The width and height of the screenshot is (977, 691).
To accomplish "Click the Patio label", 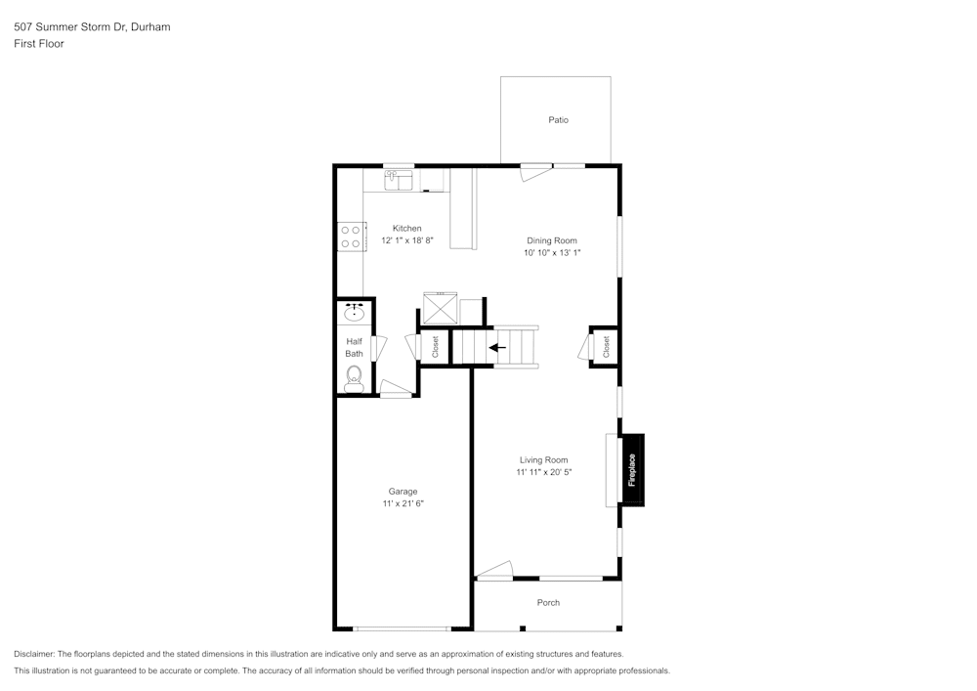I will [x=558, y=120].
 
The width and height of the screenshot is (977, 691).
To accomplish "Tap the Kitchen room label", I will [x=407, y=228].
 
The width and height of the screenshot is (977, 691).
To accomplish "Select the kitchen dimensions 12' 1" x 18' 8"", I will [x=407, y=240].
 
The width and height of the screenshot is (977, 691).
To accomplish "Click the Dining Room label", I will [x=552, y=240].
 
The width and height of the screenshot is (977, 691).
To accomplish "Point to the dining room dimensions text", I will [x=552, y=253].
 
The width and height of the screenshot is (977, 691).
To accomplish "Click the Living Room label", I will [x=543, y=459].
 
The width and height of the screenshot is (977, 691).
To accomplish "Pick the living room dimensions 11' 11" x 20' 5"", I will [x=543, y=472].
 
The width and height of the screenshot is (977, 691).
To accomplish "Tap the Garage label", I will [x=403, y=491].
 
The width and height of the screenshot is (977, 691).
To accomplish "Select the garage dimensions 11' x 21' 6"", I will [x=403, y=503].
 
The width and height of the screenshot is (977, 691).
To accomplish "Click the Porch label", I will [x=548, y=603].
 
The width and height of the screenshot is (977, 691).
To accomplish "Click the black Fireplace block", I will [x=632, y=470].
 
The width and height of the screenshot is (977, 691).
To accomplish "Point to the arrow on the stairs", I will [x=498, y=346].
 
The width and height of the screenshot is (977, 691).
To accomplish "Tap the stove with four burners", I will [x=351, y=237].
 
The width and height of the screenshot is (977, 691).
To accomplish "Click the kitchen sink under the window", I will [x=399, y=180].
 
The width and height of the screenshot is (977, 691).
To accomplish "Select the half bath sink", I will [x=355, y=313].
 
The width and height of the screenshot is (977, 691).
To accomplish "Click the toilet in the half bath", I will [x=354, y=377].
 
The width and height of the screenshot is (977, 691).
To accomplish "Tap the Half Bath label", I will [x=354, y=347].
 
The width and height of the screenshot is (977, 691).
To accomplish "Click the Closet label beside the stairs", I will [x=435, y=347].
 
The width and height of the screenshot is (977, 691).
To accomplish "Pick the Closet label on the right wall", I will [x=606, y=347].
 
